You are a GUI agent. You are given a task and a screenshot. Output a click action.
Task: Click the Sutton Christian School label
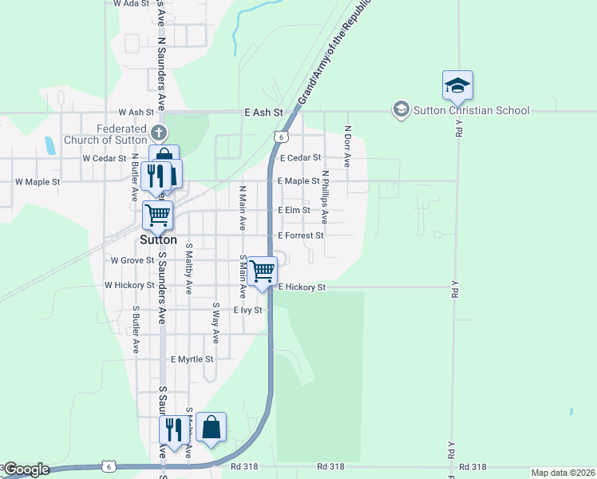[x=471, y=110]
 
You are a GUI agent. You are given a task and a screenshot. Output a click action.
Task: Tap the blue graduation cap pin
[x=457, y=85]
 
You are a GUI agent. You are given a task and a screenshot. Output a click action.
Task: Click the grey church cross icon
[x=158, y=131]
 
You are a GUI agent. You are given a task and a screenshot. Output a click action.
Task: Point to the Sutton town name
[x=158, y=239]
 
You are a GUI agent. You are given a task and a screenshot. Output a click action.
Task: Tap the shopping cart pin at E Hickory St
[x=262, y=271]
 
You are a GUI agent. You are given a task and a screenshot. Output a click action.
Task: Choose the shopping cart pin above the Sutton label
[x=157, y=214]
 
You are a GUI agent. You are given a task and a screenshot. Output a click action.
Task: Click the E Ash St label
[x=264, y=113]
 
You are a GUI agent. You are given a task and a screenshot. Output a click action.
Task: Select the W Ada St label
[x=132, y=4]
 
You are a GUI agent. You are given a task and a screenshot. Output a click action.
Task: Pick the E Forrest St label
[x=300, y=236]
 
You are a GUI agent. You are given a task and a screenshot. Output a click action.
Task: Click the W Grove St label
[x=132, y=260]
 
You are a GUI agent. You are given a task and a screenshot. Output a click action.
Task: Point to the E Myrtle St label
[x=192, y=359]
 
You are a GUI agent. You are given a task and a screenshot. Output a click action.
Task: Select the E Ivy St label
[x=247, y=310]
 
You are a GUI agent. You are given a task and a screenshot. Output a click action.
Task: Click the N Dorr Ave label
[x=347, y=145]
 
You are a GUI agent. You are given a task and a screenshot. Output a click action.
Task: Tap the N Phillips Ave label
[x=325, y=196]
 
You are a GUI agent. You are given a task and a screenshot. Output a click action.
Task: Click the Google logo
[x=26, y=470]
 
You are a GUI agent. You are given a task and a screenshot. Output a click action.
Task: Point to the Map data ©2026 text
[x=563, y=473]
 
